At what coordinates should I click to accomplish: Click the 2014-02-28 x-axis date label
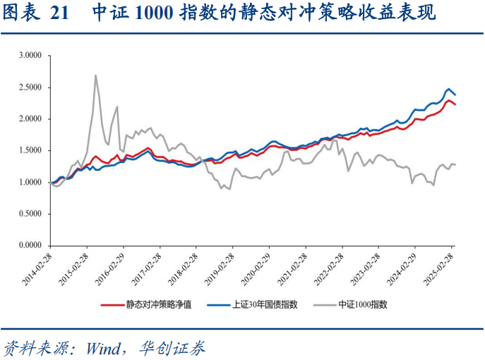(37, 267)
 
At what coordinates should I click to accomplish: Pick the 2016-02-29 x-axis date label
(110, 267)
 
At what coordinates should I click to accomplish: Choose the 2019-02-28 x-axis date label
(220, 267)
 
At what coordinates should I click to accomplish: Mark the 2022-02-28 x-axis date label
(329, 267)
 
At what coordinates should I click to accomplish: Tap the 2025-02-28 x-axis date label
(438, 267)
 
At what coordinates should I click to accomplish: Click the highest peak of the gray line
(95, 76)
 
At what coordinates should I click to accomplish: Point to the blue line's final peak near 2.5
(449, 89)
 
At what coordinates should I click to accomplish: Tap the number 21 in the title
(61, 13)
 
